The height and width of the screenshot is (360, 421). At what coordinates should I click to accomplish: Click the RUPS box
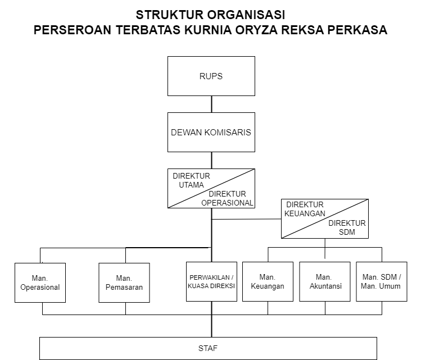[211, 76]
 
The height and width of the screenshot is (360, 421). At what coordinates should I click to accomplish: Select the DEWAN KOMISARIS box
[211, 132]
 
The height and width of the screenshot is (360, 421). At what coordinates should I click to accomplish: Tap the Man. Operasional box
[40, 282]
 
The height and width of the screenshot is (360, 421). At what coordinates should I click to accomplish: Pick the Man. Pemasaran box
[124, 282]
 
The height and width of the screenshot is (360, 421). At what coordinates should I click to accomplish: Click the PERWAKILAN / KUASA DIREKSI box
[211, 282]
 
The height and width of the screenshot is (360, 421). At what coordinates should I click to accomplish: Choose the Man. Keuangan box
[268, 282]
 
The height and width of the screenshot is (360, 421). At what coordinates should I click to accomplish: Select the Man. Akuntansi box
[325, 282]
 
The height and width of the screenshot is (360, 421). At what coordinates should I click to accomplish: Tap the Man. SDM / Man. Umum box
[382, 282]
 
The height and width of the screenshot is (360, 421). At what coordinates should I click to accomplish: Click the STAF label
[208, 348]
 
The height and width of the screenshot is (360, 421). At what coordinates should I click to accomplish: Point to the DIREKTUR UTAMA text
[191, 180]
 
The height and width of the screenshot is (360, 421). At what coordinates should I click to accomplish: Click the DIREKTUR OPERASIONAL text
[227, 198]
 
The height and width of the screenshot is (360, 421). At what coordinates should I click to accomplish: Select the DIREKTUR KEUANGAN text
[305, 209]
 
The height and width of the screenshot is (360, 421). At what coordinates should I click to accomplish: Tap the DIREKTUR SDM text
[347, 227]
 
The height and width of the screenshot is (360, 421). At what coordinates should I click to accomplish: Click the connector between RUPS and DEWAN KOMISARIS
[211, 104]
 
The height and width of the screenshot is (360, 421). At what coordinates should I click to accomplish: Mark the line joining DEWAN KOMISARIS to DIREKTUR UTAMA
[211, 161]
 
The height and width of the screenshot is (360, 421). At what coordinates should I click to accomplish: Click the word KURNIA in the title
[208, 30]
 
